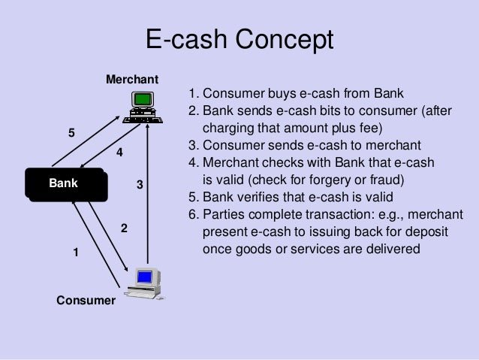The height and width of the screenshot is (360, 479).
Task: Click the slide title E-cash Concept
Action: tap(239, 40)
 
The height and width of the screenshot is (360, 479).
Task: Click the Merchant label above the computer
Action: tap(132, 79)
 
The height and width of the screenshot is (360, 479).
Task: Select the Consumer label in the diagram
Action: tap(86, 301)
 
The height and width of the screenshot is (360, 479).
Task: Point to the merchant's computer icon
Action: tap(142, 106)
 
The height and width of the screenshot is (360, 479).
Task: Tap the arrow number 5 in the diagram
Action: tap(72, 133)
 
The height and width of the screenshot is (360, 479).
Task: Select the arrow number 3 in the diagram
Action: tap(140, 184)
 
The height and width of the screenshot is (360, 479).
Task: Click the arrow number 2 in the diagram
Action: tap(124, 228)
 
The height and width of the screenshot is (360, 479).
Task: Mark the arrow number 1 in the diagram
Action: tap(75, 253)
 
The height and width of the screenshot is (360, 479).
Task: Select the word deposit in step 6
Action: tap(423, 231)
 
